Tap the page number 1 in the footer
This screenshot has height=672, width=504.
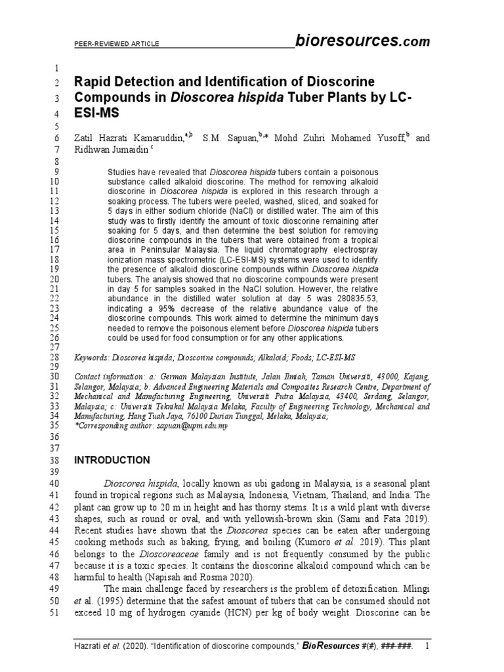[x=427, y=648]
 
